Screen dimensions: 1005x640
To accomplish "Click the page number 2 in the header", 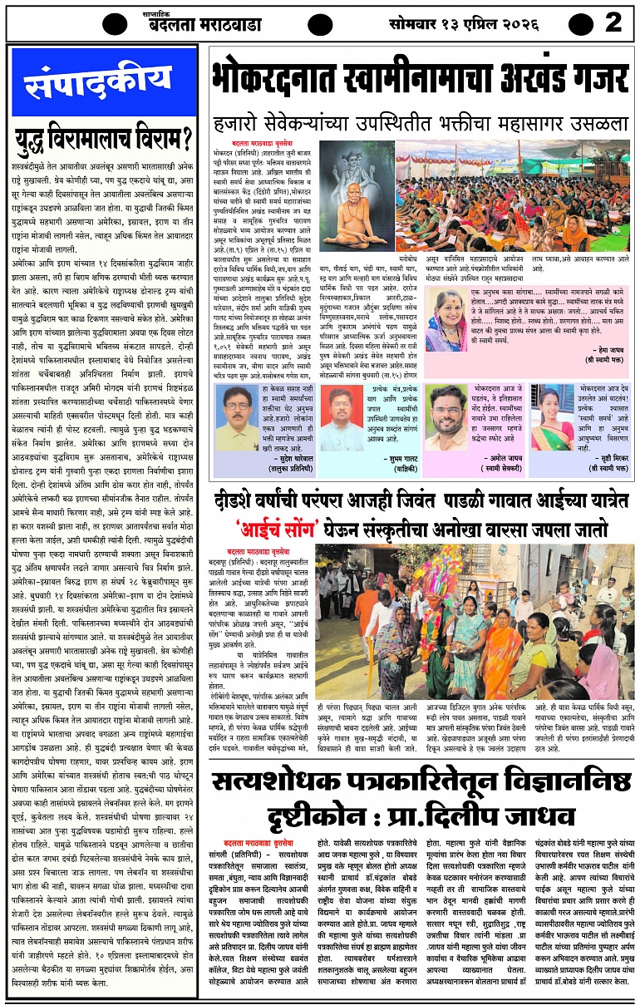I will [613, 22].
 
